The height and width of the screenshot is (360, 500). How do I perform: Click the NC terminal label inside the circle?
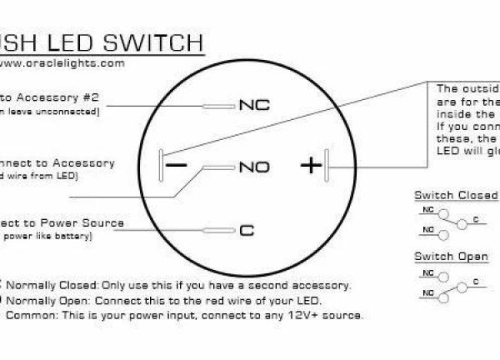[255, 106]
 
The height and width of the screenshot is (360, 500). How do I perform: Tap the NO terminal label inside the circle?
[254, 167]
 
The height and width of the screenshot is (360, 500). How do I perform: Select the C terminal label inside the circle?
[246, 230]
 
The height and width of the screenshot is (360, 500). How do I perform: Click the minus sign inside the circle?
[177, 165]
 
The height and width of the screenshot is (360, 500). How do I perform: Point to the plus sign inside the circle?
[310, 165]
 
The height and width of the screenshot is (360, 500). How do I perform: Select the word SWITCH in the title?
[156, 42]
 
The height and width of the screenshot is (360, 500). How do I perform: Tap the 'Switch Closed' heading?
[456, 196]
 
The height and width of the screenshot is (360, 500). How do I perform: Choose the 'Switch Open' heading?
[451, 257]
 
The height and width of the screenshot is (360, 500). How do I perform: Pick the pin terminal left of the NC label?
[219, 107]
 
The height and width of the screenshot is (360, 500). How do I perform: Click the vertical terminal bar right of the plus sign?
[328, 164]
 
